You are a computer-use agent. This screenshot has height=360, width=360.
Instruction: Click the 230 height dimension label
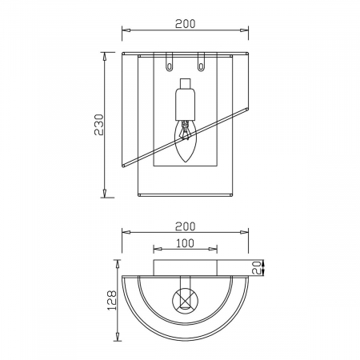99,125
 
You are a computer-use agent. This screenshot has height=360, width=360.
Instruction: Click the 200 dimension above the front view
186,24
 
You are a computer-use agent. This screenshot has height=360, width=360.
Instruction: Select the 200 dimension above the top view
186,226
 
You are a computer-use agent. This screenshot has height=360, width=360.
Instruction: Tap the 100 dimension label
185,243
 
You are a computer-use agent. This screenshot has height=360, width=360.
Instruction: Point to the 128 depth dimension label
112,300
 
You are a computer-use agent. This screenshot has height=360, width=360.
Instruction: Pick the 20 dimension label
257,268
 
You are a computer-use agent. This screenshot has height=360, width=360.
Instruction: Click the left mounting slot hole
169,66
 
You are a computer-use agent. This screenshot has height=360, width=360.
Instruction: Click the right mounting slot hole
201,66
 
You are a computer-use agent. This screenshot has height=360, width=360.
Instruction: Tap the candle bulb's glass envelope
186,141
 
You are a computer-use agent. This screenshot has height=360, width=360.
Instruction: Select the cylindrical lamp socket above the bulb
186,104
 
